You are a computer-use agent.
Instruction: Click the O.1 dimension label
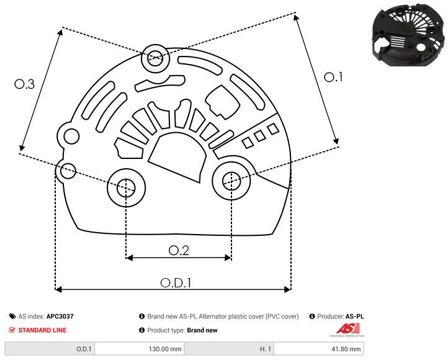click(334, 78)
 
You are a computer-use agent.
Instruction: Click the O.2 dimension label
click(179, 250)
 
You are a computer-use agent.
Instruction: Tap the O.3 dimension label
click(24, 84)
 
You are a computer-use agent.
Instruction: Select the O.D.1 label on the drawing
click(176, 282)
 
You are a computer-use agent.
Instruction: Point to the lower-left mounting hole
click(126, 186)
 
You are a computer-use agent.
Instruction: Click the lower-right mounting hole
click(231, 181)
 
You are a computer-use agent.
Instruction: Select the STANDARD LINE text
click(42, 330)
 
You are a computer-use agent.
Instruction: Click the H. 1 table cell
click(265, 349)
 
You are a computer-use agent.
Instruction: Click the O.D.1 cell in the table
click(84, 349)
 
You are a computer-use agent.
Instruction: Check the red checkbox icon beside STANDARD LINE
click(12, 330)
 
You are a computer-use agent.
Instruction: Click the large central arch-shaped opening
click(178, 158)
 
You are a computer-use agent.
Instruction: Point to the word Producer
click(329, 317)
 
